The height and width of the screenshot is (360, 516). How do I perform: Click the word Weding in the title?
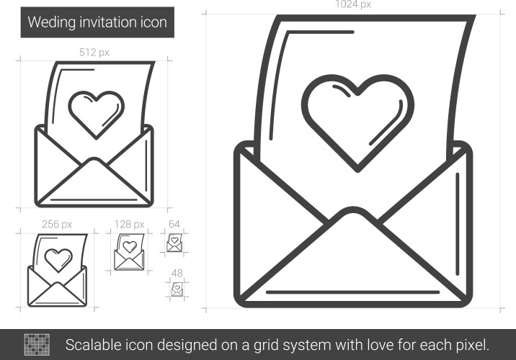pos(52,23)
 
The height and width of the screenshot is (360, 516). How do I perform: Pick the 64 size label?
pos(174,224)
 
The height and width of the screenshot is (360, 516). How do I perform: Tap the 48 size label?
pos(177,273)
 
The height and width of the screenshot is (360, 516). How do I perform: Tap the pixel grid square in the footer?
pos(37,345)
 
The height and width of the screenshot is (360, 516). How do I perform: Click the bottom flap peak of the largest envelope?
pos(353,210)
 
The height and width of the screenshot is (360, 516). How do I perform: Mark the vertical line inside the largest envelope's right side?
pos(458,224)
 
